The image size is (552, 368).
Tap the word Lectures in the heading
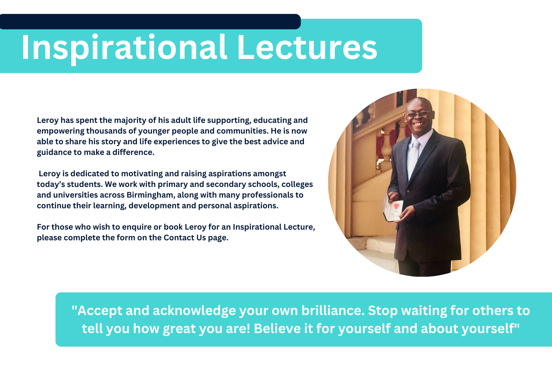(307, 47)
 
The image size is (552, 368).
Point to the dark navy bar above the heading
(150, 22)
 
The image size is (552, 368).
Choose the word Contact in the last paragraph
(179, 238)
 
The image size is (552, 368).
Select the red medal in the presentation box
(396, 206)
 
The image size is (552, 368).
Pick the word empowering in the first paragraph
(60, 131)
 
